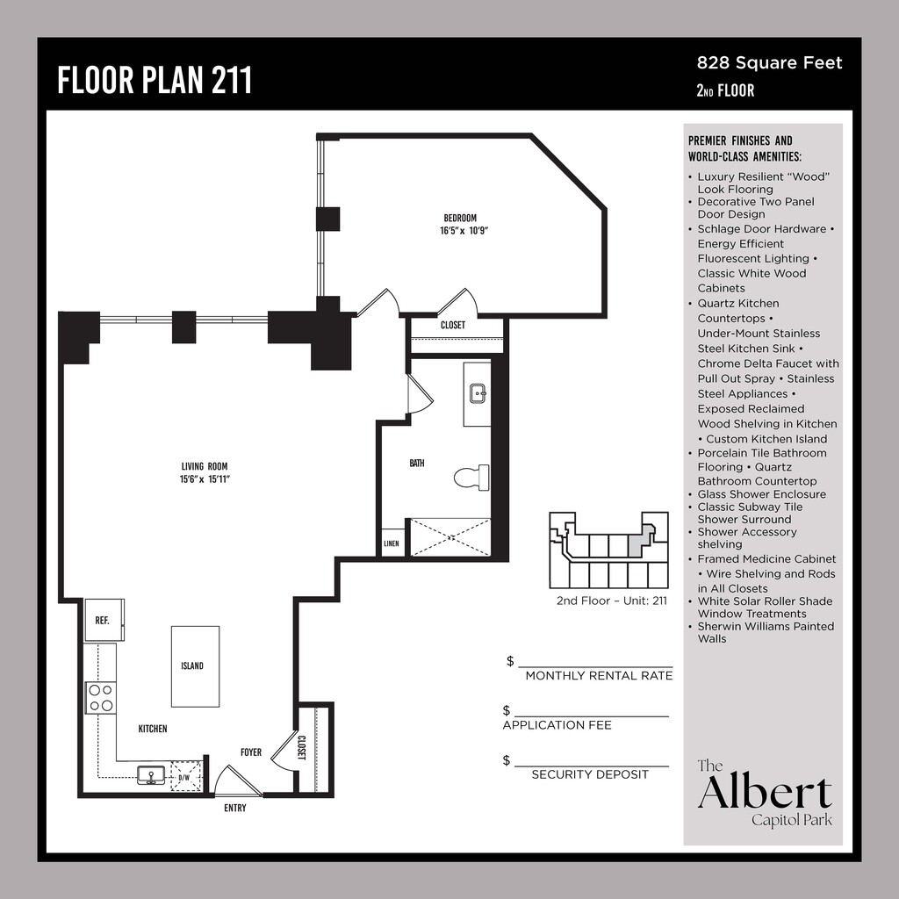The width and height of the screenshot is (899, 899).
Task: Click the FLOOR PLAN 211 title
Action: coord(155,79)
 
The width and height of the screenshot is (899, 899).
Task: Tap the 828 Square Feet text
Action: coord(769,62)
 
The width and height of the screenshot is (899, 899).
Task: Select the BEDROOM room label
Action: coord(459,219)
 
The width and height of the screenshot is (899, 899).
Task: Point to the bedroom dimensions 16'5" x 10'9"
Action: coord(463,232)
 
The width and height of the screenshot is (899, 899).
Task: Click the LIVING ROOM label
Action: coord(205,466)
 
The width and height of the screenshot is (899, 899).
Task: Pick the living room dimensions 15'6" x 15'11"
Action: coord(205,479)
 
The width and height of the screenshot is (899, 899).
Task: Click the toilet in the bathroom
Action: coord(471,478)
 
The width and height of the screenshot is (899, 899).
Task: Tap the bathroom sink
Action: coord(478,393)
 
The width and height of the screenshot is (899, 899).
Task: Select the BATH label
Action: coord(417,463)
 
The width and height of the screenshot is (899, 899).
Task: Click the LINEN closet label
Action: coord(392,544)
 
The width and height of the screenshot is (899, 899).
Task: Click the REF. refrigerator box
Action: coord(103,620)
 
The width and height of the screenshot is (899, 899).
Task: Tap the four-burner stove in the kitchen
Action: coord(101,697)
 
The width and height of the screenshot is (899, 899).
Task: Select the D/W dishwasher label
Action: coord(184,777)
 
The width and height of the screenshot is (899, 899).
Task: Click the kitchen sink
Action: coord(152,775)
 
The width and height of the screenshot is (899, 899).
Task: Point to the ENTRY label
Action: coord(235,808)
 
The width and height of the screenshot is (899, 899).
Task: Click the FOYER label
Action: coord(251,752)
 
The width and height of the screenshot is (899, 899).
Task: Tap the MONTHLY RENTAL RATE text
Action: coord(599,676)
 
